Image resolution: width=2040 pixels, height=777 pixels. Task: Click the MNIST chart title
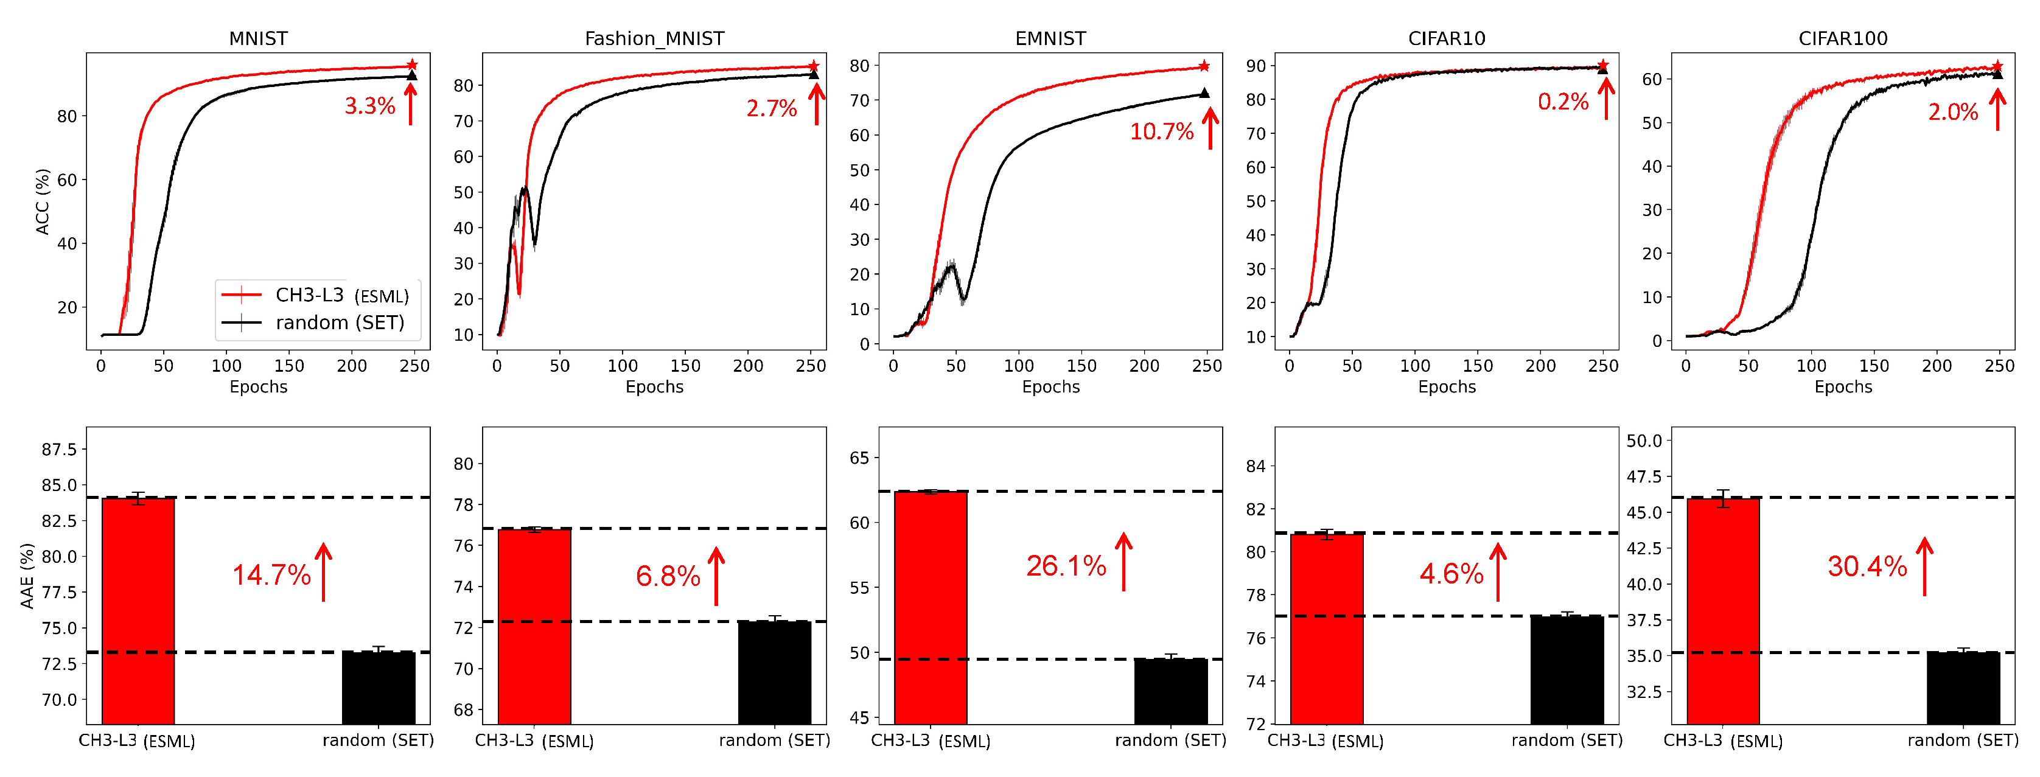click(x=258, y=38)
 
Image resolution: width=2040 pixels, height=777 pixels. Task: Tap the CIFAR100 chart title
click(x=1843, y=38)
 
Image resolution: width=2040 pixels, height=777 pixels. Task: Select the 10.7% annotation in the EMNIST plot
click(x=1161, y=131)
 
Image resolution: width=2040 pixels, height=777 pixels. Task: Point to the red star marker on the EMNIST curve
click(x=1204, y=66)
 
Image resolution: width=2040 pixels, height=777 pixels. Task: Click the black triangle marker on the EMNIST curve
click(x=1204, y=92)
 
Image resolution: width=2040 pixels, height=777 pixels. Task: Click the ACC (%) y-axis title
click(x=43, y=201)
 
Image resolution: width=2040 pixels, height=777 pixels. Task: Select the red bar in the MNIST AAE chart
click(x=139, y=610)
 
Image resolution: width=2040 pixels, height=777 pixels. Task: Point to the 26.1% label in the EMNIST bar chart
click(x=1066, y=565)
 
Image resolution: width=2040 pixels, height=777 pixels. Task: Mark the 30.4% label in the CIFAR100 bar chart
click(x=1867, y=566)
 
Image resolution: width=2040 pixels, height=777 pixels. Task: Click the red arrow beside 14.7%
click(x=324, y=572)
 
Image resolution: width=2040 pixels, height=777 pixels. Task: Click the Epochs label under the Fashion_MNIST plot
click(x=654, y=386)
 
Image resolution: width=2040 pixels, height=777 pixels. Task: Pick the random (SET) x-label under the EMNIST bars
click(x=1170, y=740)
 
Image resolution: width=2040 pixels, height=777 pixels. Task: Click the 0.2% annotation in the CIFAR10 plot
click(x=1562, y=102)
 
